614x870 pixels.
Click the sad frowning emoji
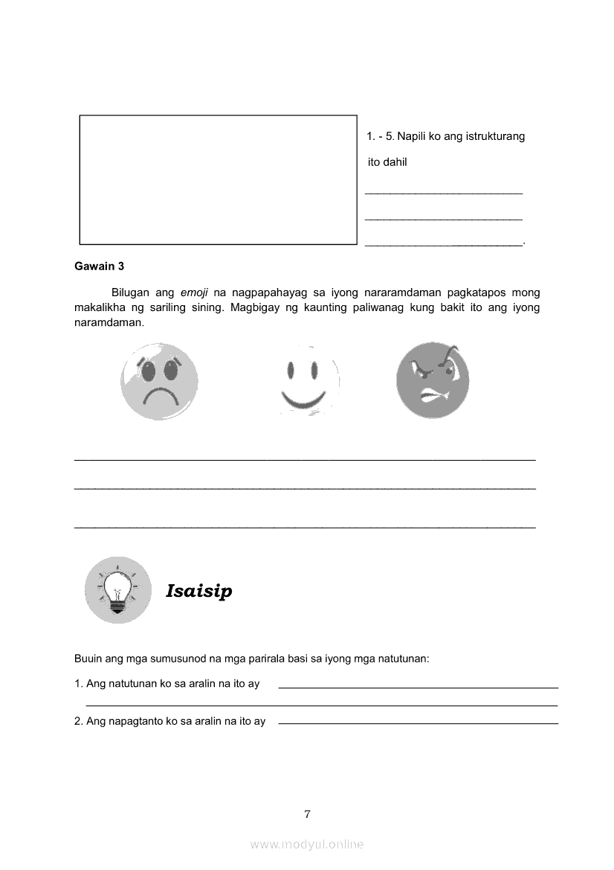pos(159,381)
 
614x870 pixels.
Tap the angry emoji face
pos(433,380)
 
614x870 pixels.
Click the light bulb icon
pos(117,590)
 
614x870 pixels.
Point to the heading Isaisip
pos(199,591)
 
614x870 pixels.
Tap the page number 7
pos(307,813)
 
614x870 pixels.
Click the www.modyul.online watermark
pos(307,844)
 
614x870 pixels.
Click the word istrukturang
pos(495,136)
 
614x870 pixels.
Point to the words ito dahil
pos(387,161)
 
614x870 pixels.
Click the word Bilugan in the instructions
pos(132,292)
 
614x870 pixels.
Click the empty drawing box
pos(218,179)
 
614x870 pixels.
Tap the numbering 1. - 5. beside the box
pos(380,136)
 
